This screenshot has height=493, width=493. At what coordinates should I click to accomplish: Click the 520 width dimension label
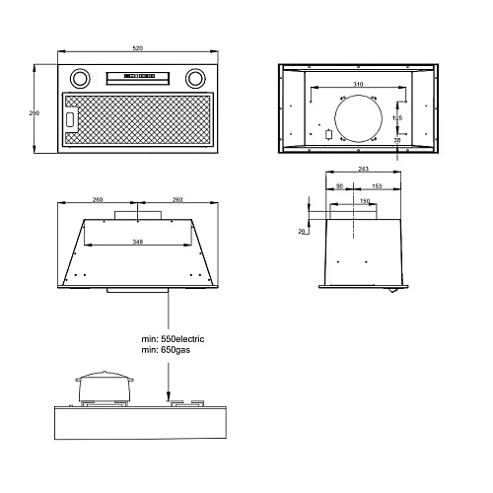point(138,48)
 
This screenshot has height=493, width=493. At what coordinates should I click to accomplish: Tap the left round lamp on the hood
point(80,79)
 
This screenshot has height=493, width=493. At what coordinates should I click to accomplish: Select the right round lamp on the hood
point(195,79)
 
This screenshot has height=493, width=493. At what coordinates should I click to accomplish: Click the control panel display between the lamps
point(139,76)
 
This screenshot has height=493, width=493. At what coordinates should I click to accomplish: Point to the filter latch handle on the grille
point(70,119)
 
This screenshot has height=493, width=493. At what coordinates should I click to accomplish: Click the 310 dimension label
point(358,85)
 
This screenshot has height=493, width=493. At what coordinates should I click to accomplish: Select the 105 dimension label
point(397,118)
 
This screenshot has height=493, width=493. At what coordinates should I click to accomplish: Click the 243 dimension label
point(363,169)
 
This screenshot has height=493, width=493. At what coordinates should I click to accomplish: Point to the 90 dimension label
point(339,186)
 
